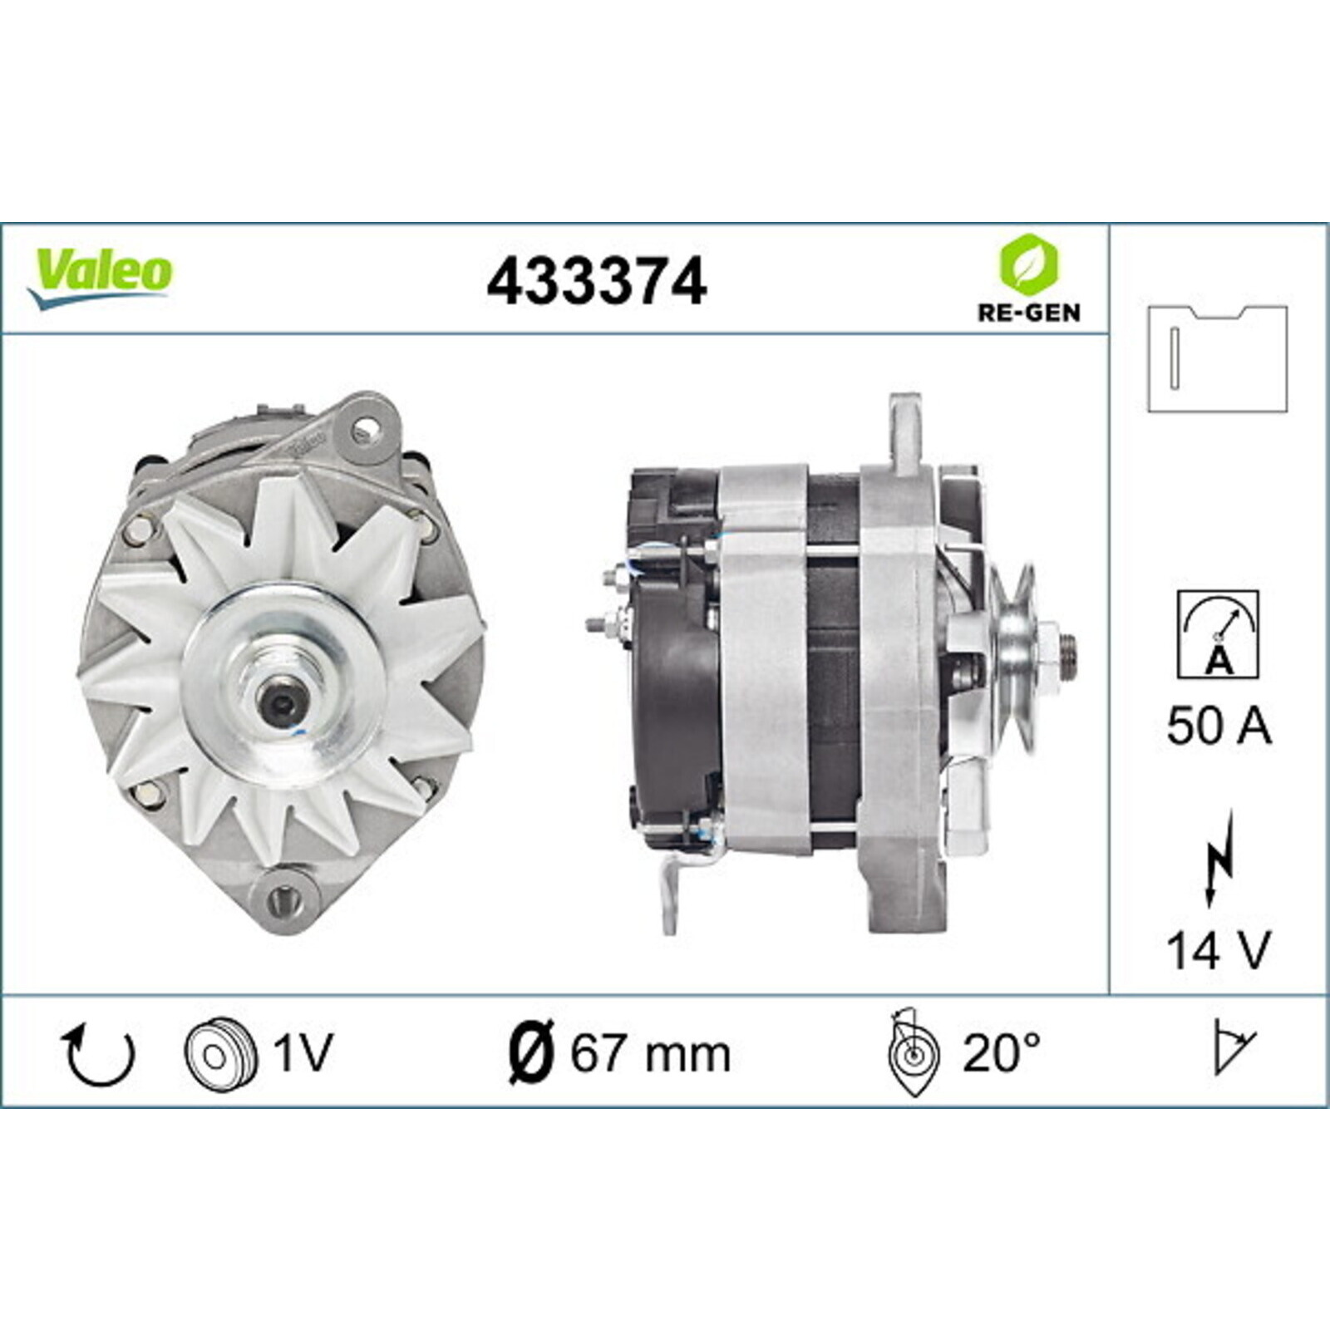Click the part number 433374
[x=596, y=281]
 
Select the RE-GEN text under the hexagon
[x=1028, y=312]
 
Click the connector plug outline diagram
[x=1218, y=358]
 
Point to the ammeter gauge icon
[x=1218, y=634]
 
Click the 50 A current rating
[x=1219, y=726]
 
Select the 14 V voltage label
[x=1219, y=949]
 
